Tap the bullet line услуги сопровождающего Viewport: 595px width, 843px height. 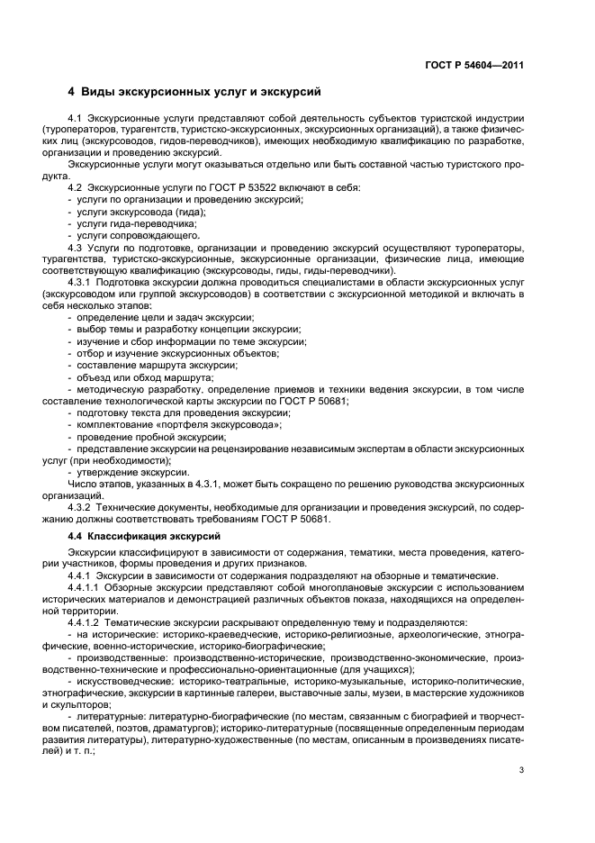tap(126, 234)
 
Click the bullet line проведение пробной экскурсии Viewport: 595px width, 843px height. tap(140, 437)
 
